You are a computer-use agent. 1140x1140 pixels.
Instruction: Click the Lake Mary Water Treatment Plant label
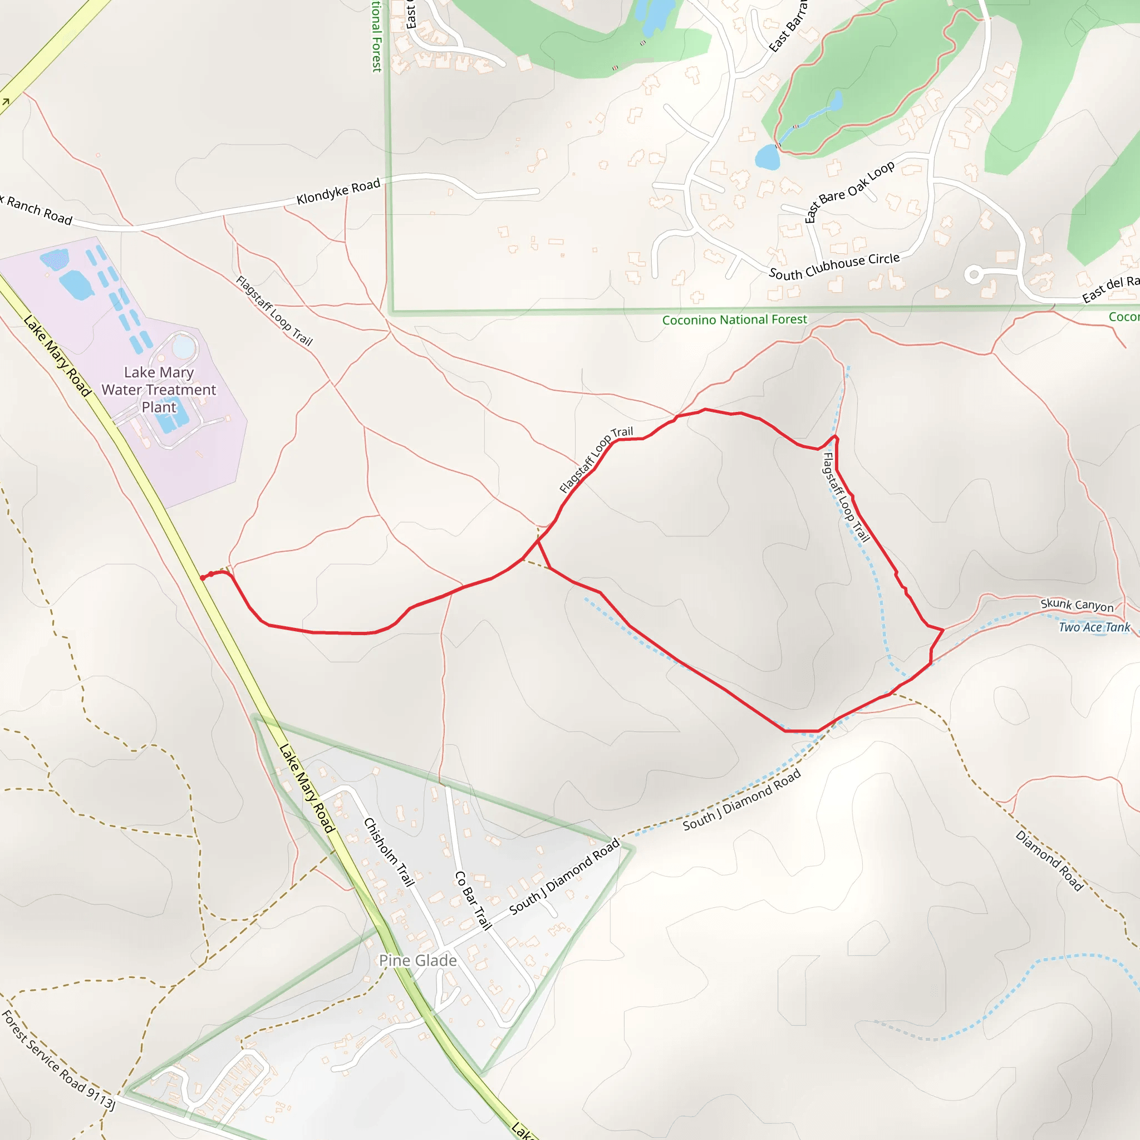pos(159,390)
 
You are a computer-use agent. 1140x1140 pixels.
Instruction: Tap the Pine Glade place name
pos(418,961)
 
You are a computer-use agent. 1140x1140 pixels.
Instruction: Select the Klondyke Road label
pos(338,192)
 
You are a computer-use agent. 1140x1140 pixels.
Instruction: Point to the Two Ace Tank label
pos(1094,627)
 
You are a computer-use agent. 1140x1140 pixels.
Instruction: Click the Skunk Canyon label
pos(1077,605)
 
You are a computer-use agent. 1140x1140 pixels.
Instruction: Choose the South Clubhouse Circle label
pos(834,266)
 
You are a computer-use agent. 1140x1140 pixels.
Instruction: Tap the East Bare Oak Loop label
pos(849,191)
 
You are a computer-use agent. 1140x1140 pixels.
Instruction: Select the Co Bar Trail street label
pos(473,901)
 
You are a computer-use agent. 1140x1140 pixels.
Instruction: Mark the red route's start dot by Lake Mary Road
pos(203,578)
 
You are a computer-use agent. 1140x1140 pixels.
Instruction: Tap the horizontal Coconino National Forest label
pos(734,320)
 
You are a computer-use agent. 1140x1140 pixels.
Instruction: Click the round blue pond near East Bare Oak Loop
pos(767,158)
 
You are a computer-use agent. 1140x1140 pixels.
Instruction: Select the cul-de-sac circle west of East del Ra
pos(974,274)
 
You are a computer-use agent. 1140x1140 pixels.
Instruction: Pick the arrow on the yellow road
pos(6,102)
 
